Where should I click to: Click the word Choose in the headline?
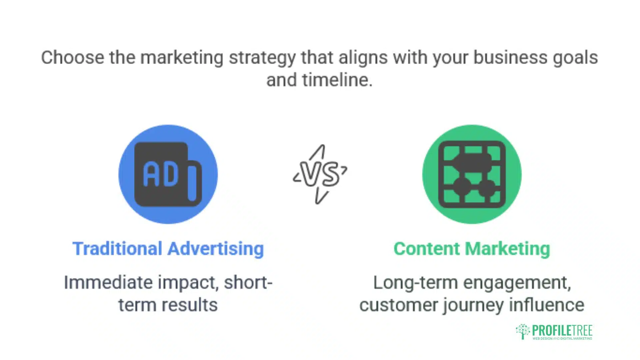click(73, 57)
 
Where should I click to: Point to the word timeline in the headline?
click(337, 80)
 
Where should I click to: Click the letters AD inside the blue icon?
click(161, 174)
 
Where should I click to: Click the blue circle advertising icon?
click(168, 174)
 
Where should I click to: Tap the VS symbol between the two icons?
click(320, 174)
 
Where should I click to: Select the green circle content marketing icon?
click(472, 174)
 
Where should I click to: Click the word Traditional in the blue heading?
click(117, 249)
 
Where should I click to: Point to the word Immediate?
click(108, 283)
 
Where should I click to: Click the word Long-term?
click(416, 283)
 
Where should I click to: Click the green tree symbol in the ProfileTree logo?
click(523, 331)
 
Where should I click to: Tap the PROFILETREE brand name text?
click(562, 330)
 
